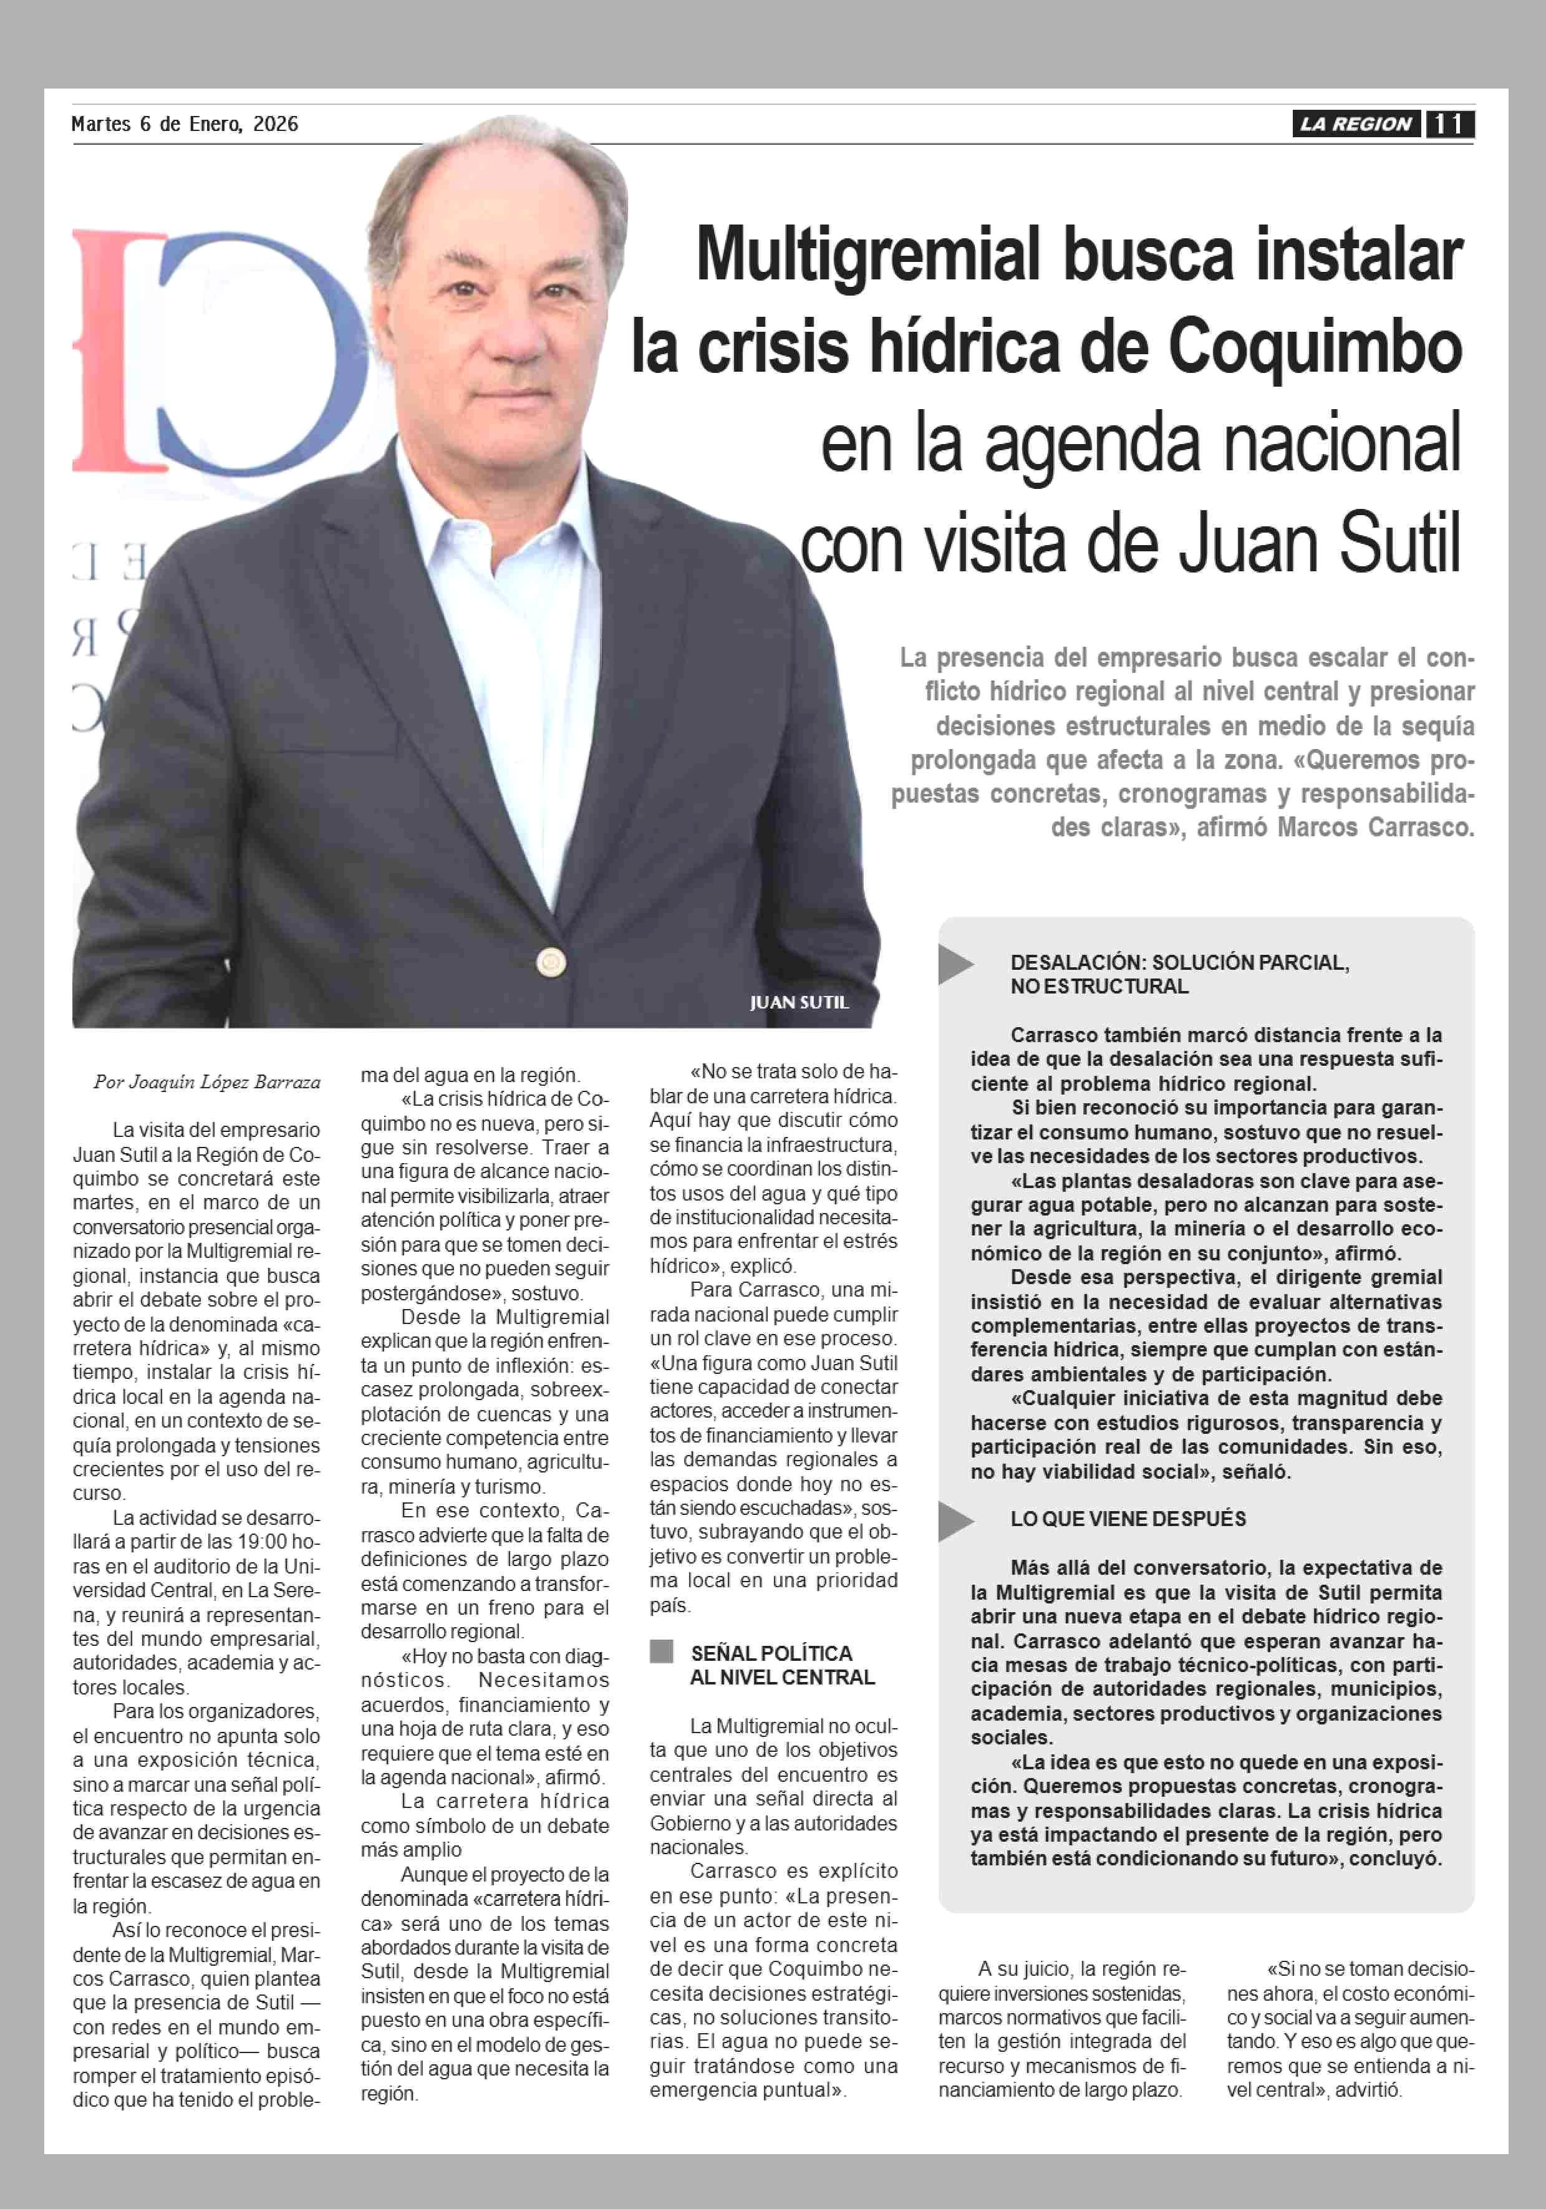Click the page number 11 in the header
[1449, 124]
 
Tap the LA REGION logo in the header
[1356, 124]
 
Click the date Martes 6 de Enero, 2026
[185, 124]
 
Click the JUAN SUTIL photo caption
[798, 1002]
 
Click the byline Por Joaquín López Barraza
[207, 1081]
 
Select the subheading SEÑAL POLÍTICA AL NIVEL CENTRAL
[781, 1665]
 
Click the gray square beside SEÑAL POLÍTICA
[661, 1651]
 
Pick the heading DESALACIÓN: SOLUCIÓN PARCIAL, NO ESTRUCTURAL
[1179, 974]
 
